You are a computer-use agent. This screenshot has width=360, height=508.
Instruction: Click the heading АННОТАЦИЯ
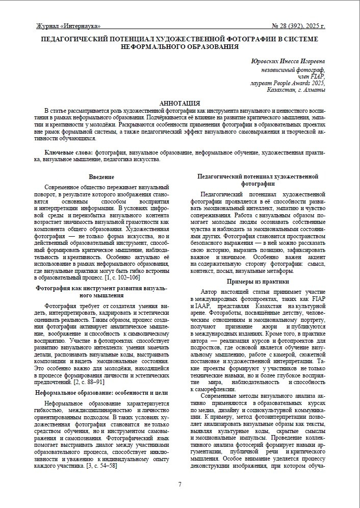point(179,103)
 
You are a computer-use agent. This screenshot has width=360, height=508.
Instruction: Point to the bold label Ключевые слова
point(68,153)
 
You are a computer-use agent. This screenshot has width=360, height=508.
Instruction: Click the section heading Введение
point(101,176)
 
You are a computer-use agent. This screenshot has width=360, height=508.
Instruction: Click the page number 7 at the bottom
point(179,484)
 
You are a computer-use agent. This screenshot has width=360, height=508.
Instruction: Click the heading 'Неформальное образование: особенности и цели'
point(101,393)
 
